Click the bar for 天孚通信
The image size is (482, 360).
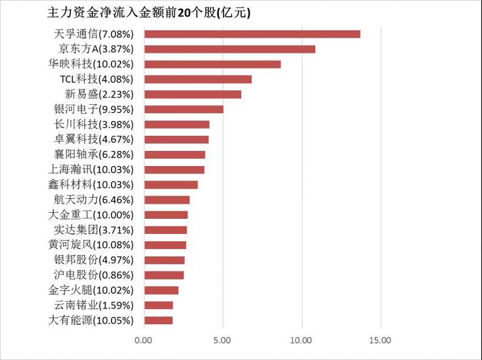tap(252, 34)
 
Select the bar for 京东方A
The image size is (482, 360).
tap(230, 49)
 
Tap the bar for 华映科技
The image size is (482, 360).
tap(213, 64)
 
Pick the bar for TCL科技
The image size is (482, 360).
tap(198, 79)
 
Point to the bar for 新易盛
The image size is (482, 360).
tap(193, 95)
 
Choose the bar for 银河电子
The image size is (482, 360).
tap(184, 110)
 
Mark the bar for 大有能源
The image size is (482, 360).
tap(159, 320)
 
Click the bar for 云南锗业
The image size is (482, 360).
tap(159, 305)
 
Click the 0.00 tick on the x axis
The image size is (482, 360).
tap(144, 341)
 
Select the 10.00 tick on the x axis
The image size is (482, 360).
tap(301, 341)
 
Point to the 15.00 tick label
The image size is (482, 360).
tap(380, 341)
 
